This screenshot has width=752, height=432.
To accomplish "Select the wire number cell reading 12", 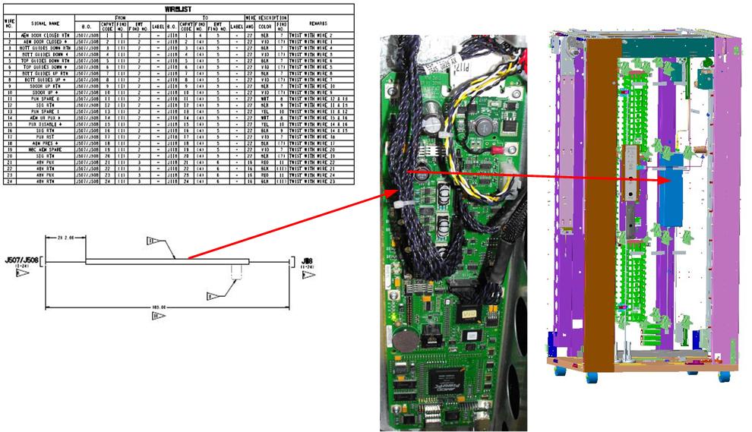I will [8, 106].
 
